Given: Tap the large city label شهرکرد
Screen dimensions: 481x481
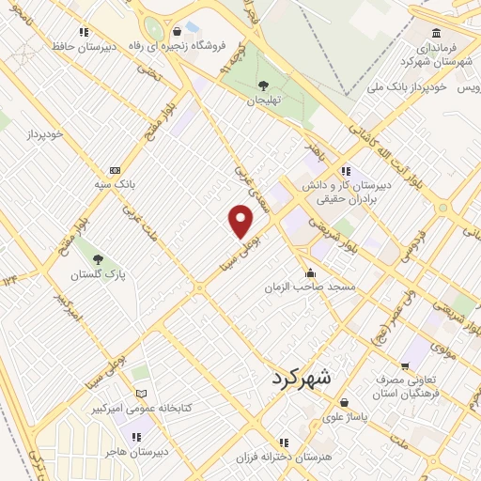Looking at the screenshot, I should [302, 379].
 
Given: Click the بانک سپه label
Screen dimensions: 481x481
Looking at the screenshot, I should [116, 185].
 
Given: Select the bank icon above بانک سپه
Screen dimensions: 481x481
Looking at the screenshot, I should [116, 170].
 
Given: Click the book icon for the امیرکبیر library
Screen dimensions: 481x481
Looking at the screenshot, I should [142, 394].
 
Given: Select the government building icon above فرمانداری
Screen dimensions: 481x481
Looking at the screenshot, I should [436, 31].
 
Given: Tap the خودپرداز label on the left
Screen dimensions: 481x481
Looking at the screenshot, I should [44, 134].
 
